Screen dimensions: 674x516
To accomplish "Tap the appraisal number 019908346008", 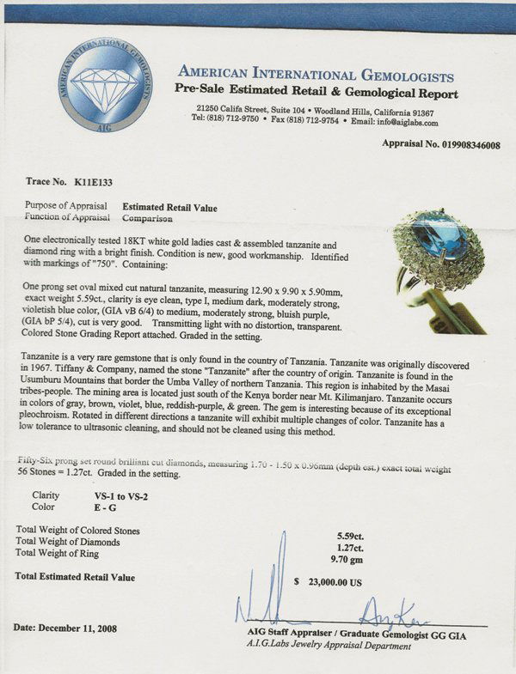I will pyautogui.click(x=464, y=145).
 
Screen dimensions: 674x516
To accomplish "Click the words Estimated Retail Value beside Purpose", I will pyautogui.click(x=169, y=208).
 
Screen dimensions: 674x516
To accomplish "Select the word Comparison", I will pyautogui.click(x=151, y=218).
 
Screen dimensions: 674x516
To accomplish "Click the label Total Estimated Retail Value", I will pyautogui.click(x=75, y=577).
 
